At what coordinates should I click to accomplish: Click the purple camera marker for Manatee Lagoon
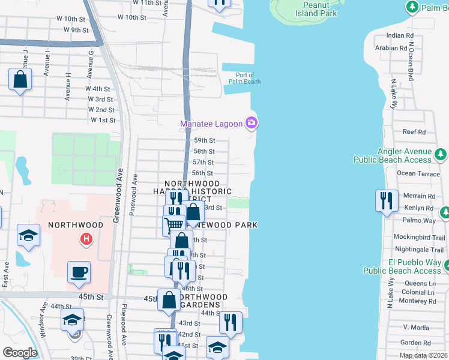pos(252,124)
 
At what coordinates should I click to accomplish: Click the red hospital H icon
pos(86,239)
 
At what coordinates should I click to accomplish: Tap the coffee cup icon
pos(79,272)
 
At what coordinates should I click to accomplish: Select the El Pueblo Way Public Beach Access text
pos(414,266)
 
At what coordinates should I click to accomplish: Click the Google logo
pos(20,352)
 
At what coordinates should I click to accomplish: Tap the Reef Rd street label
pos(414,132)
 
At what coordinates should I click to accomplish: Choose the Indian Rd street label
pos(400,36)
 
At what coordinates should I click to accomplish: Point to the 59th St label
pos(204,140)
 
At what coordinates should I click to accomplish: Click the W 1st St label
pos(103,121)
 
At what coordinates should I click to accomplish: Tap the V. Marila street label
pos(414,327)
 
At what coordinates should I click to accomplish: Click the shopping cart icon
pos(173,225)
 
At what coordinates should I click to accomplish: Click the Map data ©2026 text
pos(424,355)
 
